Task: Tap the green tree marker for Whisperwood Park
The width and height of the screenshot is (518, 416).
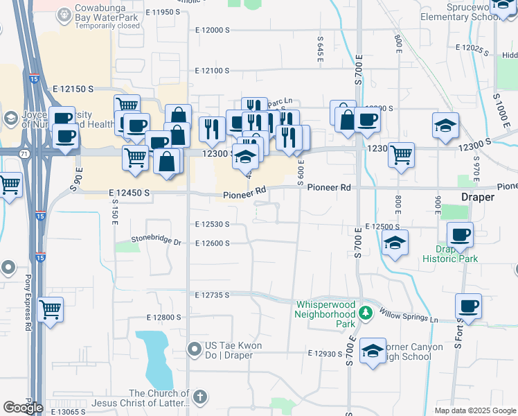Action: (x=366, y=314)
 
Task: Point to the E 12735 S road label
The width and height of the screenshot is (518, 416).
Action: (x=213, y=295)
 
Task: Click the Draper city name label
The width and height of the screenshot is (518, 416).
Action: (x=478, y=197)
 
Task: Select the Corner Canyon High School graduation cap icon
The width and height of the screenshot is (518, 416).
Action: (x=373, y=351)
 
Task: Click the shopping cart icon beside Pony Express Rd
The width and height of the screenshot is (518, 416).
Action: (x=51, y=309)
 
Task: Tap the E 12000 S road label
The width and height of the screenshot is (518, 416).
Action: (x=212, y=31)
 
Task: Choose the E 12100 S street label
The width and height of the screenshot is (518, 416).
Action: (x=212, y=71)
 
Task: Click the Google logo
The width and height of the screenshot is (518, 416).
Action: (x=23, y=407)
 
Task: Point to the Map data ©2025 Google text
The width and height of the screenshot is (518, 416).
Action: (x=475, y=410)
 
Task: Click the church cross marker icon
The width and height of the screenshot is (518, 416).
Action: (x=199, y=397)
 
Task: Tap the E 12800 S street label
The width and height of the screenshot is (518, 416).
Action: (x=163, y=317)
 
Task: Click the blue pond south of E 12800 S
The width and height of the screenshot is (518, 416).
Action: (x=154, y=358)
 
